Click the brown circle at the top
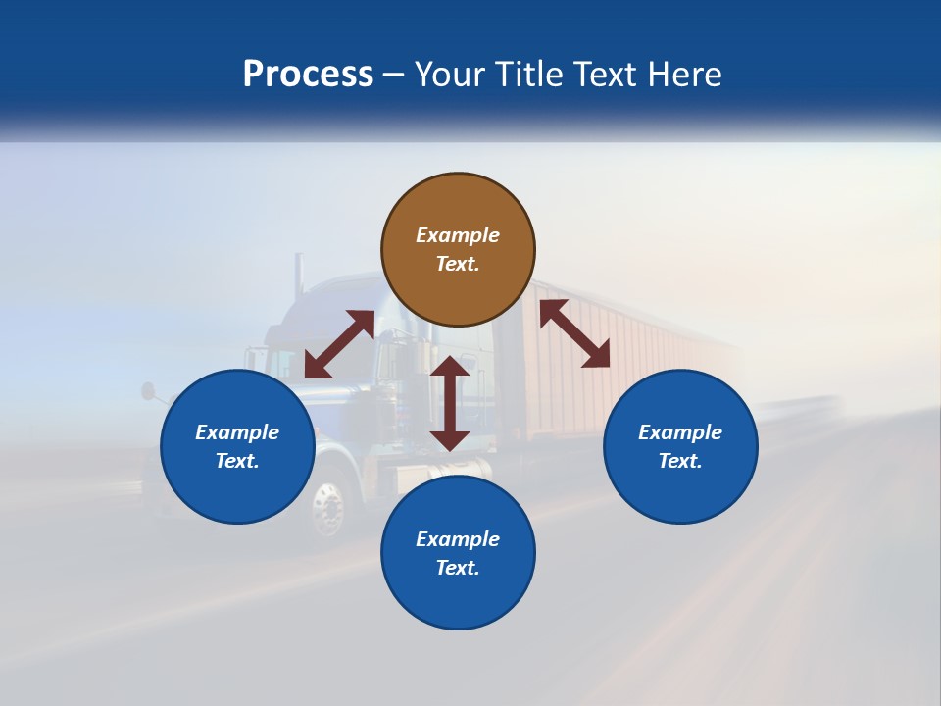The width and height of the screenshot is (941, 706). (x=458, y=250)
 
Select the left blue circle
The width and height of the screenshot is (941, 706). (x=237, y=446)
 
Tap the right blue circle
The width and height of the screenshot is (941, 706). (x=680, y=446)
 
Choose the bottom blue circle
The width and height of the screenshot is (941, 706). (x=458, y=553)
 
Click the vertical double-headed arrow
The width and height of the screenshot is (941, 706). (x=450, y=403)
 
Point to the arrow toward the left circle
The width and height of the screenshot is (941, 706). (x=339, y=344)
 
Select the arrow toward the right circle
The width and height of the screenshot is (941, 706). (x=574, y=333)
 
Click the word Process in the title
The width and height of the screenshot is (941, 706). (x=308, y=75)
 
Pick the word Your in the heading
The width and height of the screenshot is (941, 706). (x=450, y=75)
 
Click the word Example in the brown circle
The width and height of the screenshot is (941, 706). (x=458, y=235)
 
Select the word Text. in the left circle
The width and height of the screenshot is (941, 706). (x=237, y=461)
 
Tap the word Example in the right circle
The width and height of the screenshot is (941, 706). (x=680, y=432)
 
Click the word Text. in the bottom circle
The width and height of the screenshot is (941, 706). (x=458, y=568)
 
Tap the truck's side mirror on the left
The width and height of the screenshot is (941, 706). (x=148, y=391)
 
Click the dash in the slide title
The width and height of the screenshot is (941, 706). (x=394, y=75)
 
